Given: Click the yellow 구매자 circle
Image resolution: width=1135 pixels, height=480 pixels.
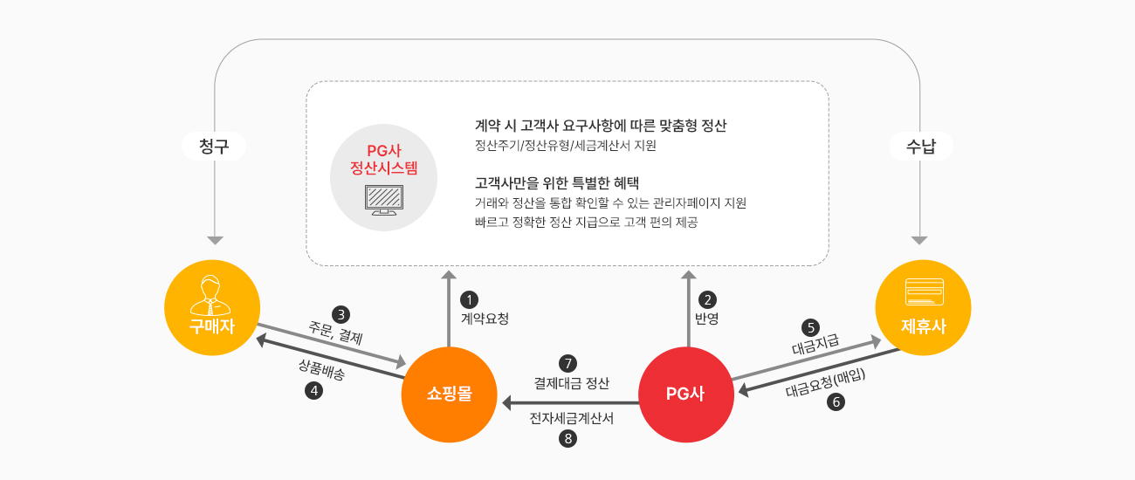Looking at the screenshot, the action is pyautogui.click(x=212, y=308).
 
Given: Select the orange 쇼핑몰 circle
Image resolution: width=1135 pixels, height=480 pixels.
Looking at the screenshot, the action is pyautogui.click(x=449, y=394).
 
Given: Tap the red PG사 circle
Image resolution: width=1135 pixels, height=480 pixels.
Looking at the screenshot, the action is pyautogui.click(x=686, y=394).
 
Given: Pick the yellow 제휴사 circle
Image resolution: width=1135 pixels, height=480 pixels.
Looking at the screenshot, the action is pyautogui.click(x=923, y=308).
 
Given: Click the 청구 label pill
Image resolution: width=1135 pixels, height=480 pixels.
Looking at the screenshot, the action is pyautogui.click(x=214, y=147).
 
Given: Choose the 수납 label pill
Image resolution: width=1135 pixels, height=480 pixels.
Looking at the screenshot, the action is pyautogui.click(x=921, y=147).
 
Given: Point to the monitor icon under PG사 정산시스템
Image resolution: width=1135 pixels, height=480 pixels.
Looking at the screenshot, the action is pyautogui.click(x=384, y=200).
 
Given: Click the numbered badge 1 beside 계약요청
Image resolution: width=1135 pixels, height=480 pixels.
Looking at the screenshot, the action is pyautogui.click(x=469, y=299).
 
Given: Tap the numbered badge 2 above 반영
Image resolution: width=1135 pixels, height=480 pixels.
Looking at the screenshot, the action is pyautogui.click(x=707, y=299).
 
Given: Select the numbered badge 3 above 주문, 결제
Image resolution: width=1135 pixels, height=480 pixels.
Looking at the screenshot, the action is pyautogui.click(x=341, y=314).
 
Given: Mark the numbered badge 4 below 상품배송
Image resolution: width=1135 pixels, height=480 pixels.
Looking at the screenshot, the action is pyautogui.click(x=313, y=390).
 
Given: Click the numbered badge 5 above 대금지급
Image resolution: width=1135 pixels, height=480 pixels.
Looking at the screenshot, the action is pyautogui.click(x=810, y=327).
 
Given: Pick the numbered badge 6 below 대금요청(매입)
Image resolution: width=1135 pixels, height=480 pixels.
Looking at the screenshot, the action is pyautogui.click(x=836, y=402).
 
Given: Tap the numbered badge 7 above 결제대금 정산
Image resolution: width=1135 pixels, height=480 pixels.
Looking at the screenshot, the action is pyautogui.click(x=567, y=364).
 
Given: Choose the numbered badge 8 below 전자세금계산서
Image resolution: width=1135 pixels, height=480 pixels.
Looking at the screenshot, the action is pyautogui.click(x=567, y=438).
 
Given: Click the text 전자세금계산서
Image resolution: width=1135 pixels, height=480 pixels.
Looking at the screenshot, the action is pyautogui.click(x=572, y=418).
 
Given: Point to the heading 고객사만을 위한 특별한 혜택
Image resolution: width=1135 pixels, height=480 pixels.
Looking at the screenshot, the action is pyautogui.click(x=557, y=182).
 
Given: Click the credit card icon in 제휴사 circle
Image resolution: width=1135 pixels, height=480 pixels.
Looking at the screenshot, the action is pyautogui.click(x=925, y=292).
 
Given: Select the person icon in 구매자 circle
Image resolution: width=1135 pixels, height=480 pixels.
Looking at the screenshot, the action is pyautogui.click(x=210, y=295).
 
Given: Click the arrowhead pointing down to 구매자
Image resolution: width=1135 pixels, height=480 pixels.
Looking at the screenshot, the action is pyautogui.click(x=215, y=241).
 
